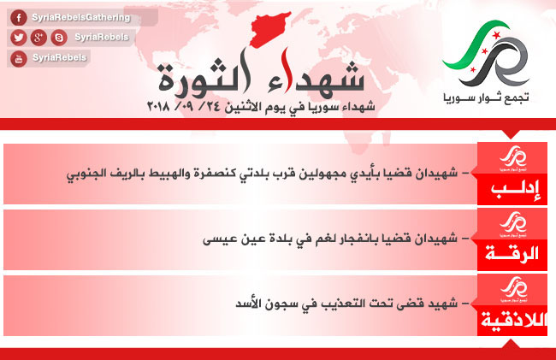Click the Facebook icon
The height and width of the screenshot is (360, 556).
pos(19,17)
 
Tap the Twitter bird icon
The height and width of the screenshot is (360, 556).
pos(19,38)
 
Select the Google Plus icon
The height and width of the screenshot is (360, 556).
pos(38,38)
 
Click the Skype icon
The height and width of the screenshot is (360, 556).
pos(59,38)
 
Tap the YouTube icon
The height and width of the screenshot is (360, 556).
pos(19,58)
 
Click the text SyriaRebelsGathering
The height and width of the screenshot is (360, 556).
pos(81,17)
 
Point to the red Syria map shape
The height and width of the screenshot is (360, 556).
pos(270,30)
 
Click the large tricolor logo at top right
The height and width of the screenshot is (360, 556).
pos(487,53)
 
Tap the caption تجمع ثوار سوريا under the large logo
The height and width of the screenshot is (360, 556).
pos(486,97)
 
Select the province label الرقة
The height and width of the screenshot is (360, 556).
pos(512,254)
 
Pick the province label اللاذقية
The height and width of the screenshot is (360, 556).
pos(514,320)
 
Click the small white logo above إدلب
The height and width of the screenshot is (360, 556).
pos(513,159)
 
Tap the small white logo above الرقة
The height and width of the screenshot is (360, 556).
pos(513,225)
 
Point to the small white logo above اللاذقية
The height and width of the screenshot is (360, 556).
pos(514,290)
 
